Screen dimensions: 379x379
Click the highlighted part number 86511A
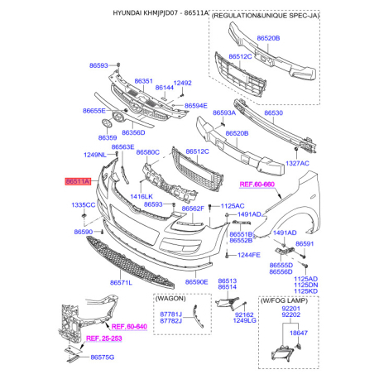coord(78,181)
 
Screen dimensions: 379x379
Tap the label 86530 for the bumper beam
coord(273,113)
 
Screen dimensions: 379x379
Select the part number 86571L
coord(121,283)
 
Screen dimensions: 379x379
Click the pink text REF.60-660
coord(257,185)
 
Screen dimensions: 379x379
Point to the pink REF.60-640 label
coord(129,327)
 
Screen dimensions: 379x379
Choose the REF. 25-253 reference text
coord(104,338)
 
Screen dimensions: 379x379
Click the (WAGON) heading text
coord(170,299)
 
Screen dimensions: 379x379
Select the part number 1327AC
coord(297,163)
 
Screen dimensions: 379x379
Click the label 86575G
coord(102,357)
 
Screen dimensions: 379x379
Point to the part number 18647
coord(299,333)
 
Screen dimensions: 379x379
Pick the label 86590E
coord(196,282)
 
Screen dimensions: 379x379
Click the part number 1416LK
coord(142,196)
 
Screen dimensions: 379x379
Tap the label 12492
coord(182,83)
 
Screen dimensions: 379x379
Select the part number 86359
coord(108,137)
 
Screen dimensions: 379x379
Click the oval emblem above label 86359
coord(107,123)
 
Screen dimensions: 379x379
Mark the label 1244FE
coord(249,255)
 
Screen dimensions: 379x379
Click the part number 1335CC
coord(83,205)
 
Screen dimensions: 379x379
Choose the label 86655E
coord(94,111)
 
